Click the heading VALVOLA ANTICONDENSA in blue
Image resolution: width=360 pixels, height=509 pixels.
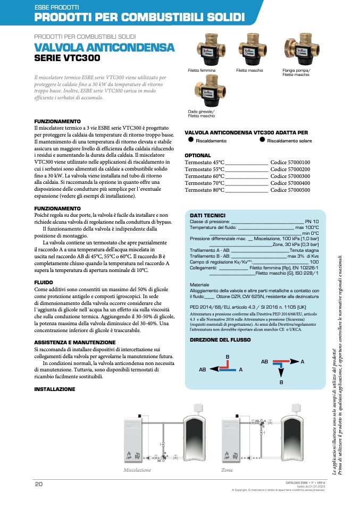click(x=104, y=48)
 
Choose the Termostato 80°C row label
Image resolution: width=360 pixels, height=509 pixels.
click(x=205, y=190)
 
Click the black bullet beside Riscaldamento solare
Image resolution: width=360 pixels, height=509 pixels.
click(x=262, y=140)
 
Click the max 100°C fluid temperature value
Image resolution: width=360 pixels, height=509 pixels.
click(x=307, y=227)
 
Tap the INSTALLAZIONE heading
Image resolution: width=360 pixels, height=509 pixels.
click(x=55, y=389)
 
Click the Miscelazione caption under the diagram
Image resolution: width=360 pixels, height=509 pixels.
click(x=137, y=470)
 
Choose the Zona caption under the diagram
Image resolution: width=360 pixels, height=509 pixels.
click(x=227, y=470)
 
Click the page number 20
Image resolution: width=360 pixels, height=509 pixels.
click(x=38, y=484)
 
